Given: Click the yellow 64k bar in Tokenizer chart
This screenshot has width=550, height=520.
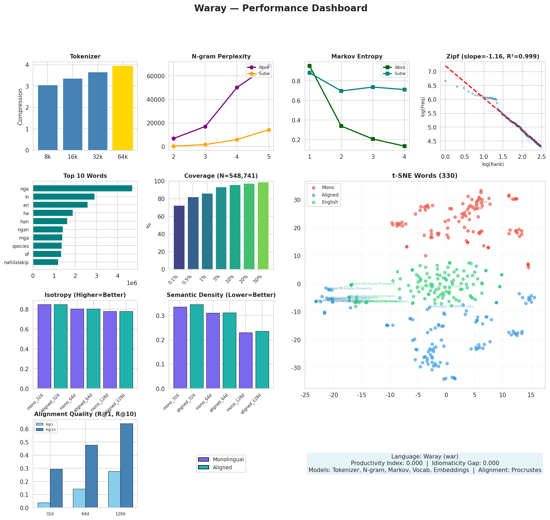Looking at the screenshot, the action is click(122, 108).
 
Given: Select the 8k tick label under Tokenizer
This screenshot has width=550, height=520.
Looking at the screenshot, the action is click(48, 157).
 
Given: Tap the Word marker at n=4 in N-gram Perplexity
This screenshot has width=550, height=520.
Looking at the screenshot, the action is click(237, 88).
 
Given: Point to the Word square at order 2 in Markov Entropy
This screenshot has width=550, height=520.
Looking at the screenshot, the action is click(341, 126).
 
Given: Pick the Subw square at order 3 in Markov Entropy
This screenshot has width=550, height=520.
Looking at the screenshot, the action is click(373, 87).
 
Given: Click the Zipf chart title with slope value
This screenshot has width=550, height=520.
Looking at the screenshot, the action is click(492, 57).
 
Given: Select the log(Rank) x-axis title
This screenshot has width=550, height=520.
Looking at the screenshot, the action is click(493, 164).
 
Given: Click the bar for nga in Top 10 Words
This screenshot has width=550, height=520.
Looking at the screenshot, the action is click(83, 189).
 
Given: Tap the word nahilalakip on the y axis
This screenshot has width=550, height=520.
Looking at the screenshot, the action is click(16, 262).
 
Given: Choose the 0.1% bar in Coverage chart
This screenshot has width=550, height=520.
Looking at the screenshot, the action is click(179, 237).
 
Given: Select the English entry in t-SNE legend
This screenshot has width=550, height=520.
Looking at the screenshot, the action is click(330, 202).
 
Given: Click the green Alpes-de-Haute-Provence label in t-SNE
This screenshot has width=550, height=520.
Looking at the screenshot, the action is click(373, 283).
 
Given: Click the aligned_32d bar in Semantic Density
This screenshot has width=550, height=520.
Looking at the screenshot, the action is click(196, 347).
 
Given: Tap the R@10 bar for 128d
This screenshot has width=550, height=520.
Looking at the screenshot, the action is click(127, 466).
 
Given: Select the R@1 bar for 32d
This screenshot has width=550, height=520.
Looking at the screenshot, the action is click(44, 505).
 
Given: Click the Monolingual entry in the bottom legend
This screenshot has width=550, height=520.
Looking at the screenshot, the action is click(228, 460).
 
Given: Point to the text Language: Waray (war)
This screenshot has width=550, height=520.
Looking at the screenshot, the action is click(424, 457).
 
